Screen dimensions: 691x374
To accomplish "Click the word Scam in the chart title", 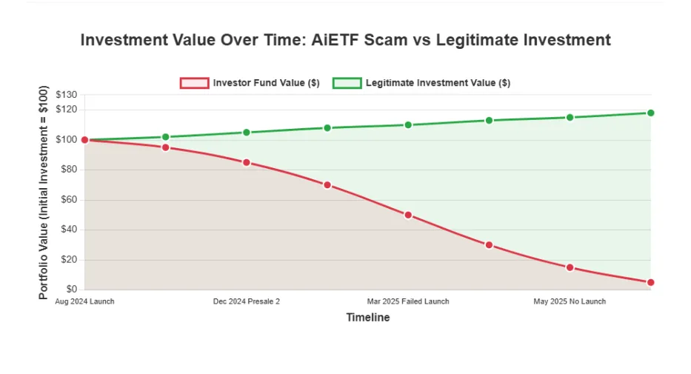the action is point(386,40).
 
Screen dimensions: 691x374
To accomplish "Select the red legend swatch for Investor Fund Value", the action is point(194,83).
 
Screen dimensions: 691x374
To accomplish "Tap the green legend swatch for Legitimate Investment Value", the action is point(347,83).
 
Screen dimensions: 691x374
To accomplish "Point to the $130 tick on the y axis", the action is point(66,95).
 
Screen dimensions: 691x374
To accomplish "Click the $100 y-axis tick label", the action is point(66,140).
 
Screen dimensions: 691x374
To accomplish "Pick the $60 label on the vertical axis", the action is point(69,199).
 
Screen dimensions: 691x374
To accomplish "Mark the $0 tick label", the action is point(72,289).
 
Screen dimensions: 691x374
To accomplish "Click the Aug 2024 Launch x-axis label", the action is point(84,301).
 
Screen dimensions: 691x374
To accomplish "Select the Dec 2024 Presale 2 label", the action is point(247,301).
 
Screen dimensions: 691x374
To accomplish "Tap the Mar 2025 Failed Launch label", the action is point(408,301).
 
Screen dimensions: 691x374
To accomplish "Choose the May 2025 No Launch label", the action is point(570,301).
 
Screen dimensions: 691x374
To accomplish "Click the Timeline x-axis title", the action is point(368,317).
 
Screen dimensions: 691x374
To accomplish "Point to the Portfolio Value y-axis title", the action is point(43,193).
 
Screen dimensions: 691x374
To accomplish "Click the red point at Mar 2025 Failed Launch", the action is point(408,215).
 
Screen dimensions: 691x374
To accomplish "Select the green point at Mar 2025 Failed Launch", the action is point(408,125).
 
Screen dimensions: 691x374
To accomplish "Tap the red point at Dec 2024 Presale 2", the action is point(247,162).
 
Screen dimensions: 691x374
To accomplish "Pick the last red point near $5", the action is point(650,282).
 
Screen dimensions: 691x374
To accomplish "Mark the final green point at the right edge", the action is point(650,113).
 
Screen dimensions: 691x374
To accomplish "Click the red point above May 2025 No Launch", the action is point(570,267).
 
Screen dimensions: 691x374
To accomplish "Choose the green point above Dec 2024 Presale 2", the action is point(247,133).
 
